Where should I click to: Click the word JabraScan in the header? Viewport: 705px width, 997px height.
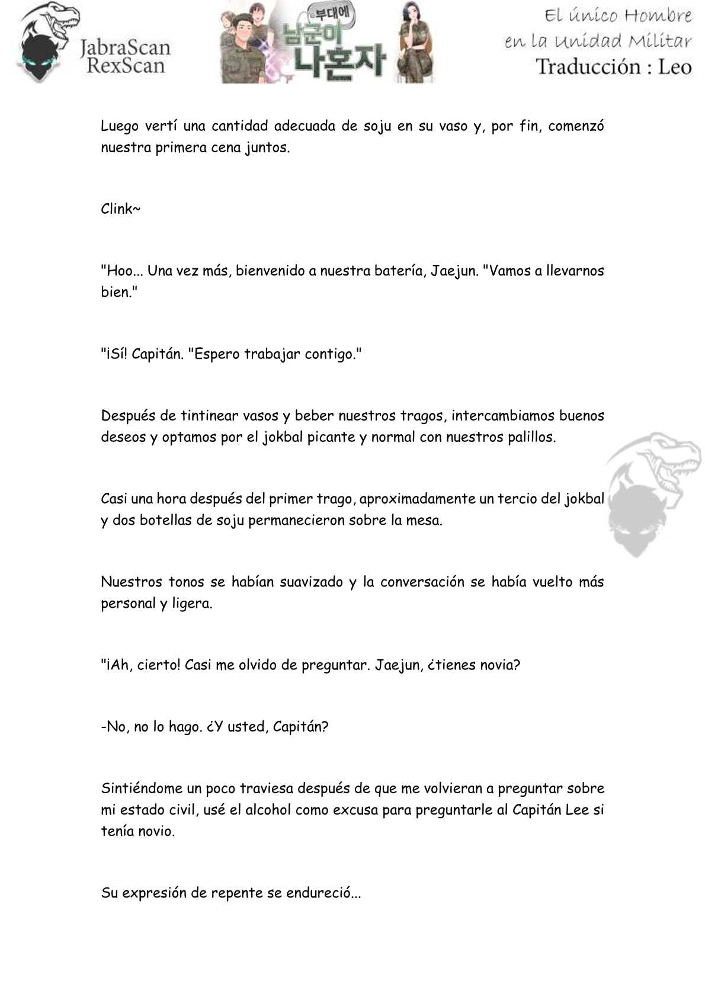[125, 47]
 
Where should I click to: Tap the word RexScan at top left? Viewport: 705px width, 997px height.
[125, 66]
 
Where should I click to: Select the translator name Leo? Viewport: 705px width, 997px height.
[674, 66]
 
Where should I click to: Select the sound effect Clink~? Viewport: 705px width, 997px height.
[120, 209]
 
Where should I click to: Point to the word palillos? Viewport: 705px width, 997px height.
[530, 438]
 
